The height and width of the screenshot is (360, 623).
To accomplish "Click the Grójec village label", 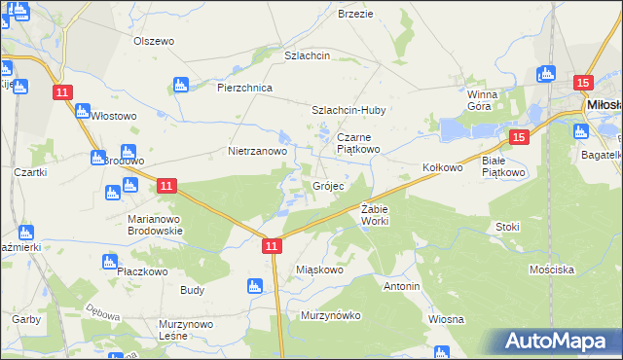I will (x=327, y=186).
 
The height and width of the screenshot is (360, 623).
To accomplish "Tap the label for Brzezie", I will (x=355, y=14).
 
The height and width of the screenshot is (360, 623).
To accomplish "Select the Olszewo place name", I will (x=153, y=41).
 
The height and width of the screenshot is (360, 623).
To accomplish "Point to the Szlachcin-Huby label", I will (x=348, y=111).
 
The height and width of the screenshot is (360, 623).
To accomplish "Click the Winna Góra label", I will (x=482, y=100).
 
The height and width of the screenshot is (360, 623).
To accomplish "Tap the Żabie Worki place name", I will (x=375, y=216).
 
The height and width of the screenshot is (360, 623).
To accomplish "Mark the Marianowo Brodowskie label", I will (x=156, y=226).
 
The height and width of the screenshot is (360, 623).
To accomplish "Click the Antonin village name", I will (x=401, y=287).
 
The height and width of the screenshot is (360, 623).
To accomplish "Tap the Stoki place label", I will (x=507, y=227).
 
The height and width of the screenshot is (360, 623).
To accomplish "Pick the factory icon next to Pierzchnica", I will (x=179, y=85).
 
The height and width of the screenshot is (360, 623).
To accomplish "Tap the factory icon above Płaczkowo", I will (x=110, y=261).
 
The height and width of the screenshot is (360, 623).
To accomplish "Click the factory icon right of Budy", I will (x=255, y=286).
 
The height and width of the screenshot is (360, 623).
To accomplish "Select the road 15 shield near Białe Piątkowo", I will (x=518, y=138).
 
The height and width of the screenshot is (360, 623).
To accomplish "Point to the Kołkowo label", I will (x=442, y=167).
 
